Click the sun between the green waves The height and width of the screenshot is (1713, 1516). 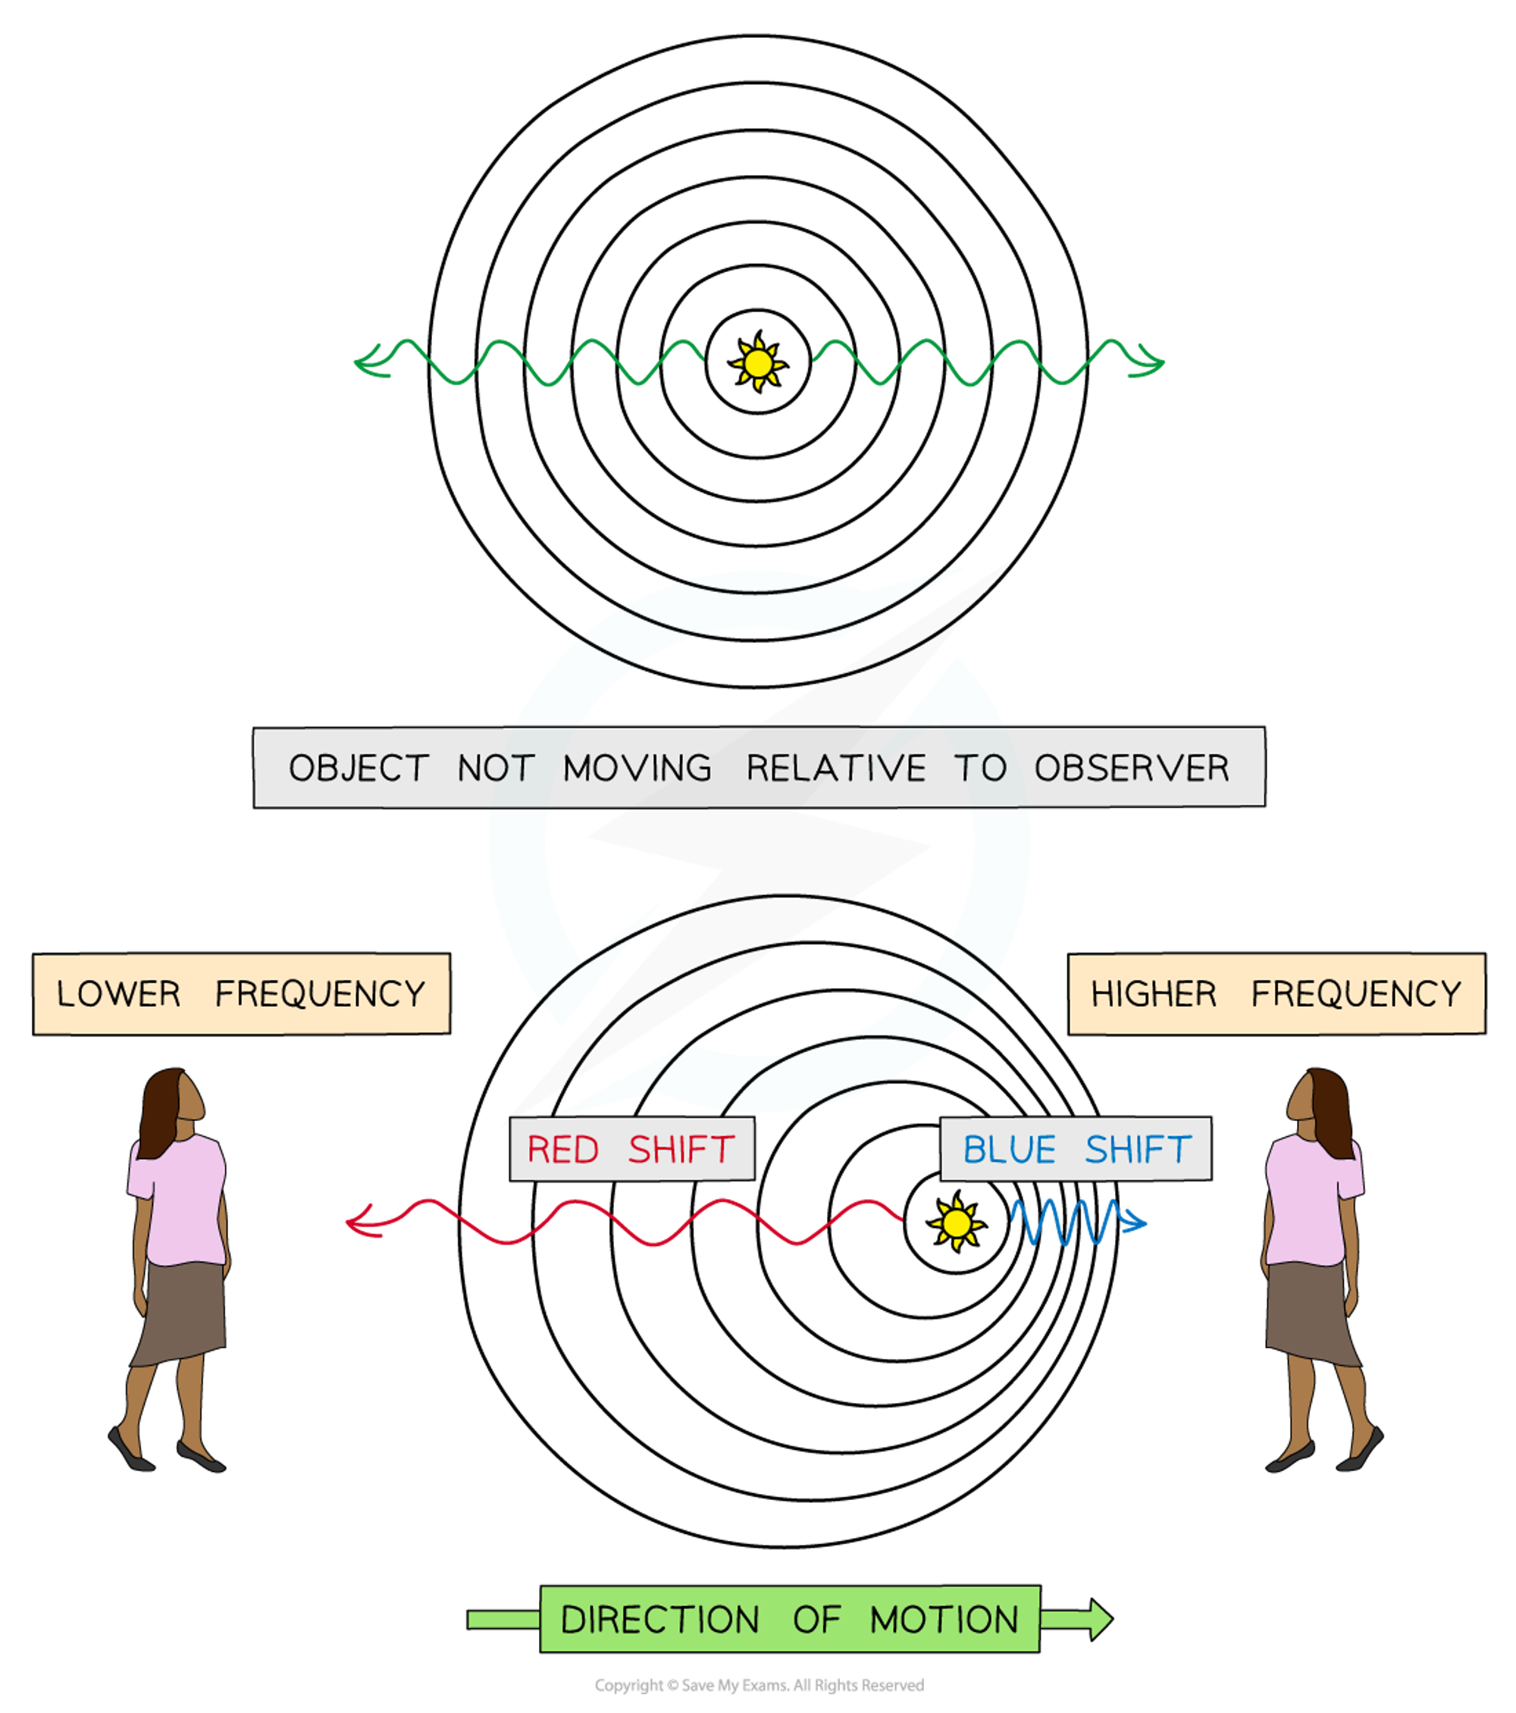(x=757, y=364)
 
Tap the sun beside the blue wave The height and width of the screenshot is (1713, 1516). (x=955, y=1223)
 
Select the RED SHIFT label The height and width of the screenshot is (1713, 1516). (x=632, y=1149)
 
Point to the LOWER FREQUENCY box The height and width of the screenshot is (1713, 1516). (x=241, y=994)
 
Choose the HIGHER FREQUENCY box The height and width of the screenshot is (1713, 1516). (x=1276, y=994)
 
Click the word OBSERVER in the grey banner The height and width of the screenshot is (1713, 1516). (x=1132, y=768)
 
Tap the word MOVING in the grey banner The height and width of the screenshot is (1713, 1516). (x=637, y=768)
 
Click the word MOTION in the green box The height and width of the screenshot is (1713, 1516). (x=944, y=1620)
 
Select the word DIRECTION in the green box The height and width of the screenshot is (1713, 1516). (x=659, y=1620)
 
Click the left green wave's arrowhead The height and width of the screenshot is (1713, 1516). (x=365, y=363)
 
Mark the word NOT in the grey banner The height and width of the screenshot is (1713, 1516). (x=495, y=768)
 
